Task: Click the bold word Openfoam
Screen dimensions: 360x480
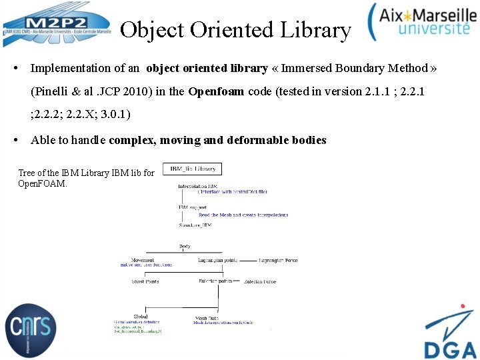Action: click(216, 91)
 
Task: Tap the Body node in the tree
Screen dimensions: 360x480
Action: click(185, 247)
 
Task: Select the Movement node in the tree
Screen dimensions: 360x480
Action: click(143, 259)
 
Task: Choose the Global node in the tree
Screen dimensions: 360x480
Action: click(141, 317)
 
